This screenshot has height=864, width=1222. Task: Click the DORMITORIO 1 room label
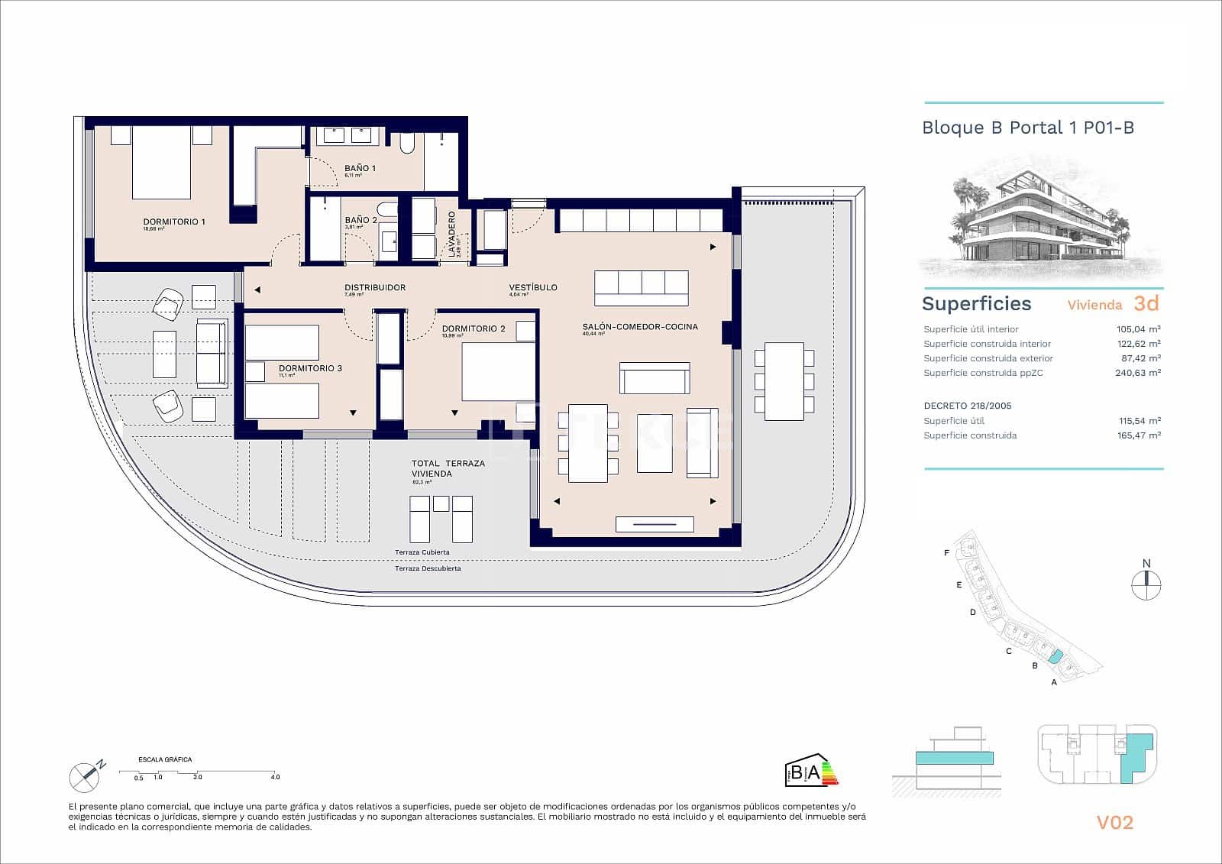[x=173, y=222]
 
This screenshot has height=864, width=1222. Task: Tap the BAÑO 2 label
[x=360, y=220]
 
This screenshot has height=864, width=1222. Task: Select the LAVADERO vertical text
[x=452, y=233]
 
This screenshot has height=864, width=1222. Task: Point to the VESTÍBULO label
[x=533, y=288]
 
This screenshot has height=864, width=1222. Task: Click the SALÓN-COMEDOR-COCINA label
[x=640, y=327]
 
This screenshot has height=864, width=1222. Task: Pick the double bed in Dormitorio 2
[x=498, y=371]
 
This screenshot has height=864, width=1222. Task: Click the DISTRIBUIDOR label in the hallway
[x=374, y=288]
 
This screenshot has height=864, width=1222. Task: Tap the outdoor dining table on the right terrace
[x=784, y=381]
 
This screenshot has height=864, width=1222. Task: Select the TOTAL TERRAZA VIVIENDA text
[x=448, y=468]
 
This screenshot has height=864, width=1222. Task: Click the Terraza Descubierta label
[x=428, y=568]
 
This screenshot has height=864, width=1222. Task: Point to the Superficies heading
[x=976, y=304]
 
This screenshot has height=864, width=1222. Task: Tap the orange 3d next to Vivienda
[x=1146, y=303]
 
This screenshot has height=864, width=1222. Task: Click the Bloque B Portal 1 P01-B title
[x=1028, y=128]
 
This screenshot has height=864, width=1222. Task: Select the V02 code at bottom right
[x=1114, y=822]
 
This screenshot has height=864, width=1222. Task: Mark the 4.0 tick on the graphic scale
[x=275, y=777]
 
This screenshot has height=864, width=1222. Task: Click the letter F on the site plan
[x=947, y=553]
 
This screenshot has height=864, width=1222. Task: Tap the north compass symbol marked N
[x=1146, y=585]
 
